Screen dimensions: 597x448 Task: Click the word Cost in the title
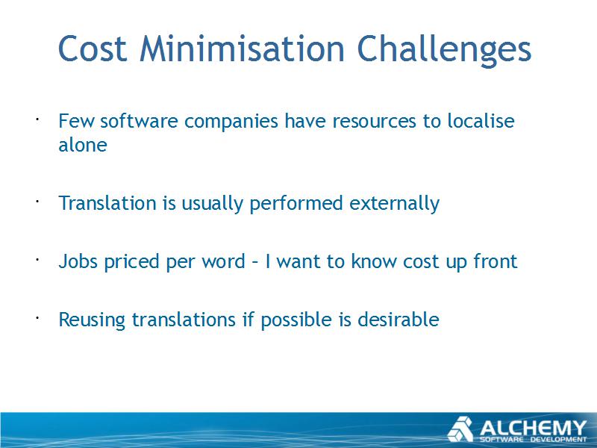93,49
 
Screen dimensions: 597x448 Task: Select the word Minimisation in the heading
242,48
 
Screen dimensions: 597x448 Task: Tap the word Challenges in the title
444,52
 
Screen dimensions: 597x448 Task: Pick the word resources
375,122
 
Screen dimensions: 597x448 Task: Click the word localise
481,121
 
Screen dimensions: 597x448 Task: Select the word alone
83,145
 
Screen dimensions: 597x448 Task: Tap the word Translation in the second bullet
107,202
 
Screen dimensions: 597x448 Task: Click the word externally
395,204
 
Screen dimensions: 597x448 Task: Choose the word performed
296,204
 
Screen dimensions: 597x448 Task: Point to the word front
496,261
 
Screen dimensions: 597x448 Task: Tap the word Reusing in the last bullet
92,320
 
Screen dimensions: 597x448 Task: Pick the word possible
296,320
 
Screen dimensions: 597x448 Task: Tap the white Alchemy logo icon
460,429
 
